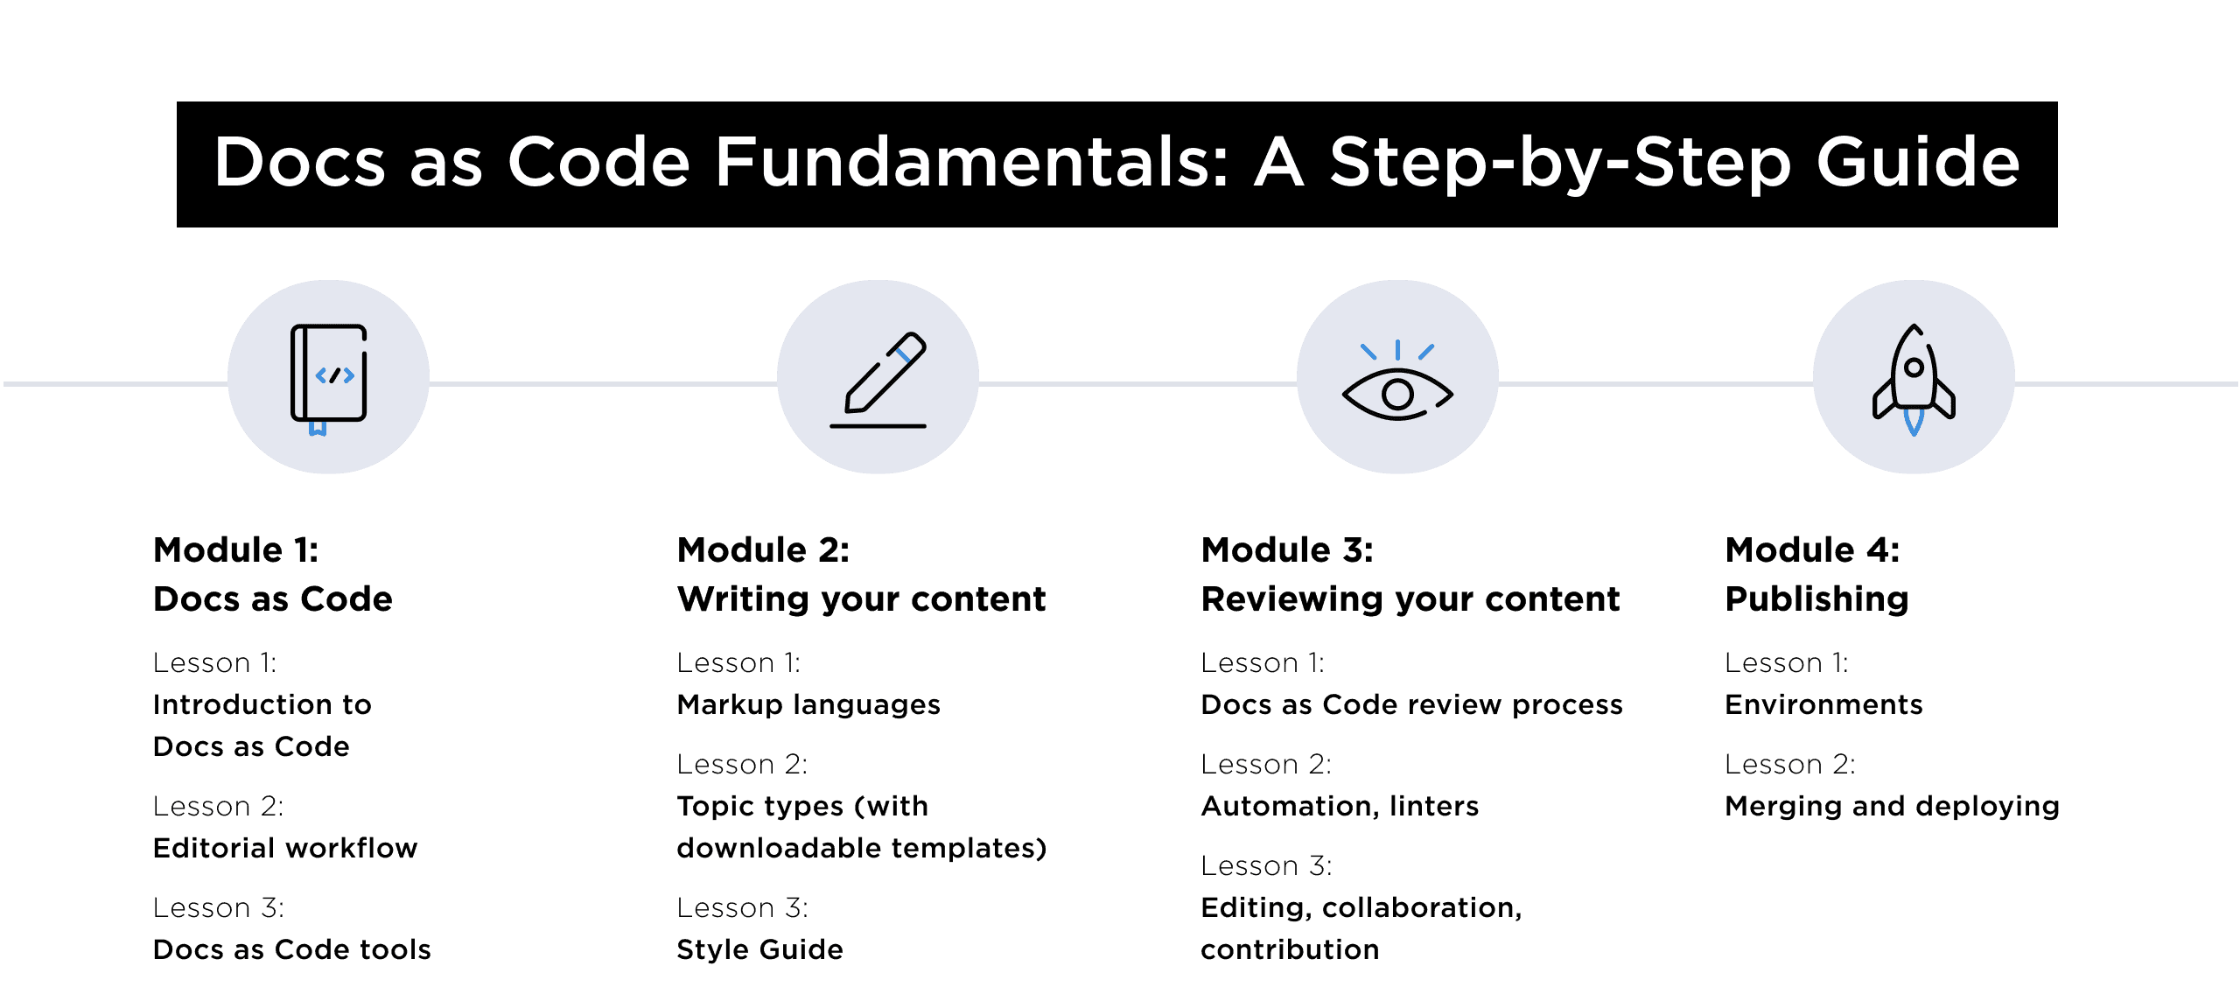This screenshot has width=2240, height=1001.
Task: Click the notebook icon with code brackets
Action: (x=328, y=376)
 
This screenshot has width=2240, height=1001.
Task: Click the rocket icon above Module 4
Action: (x=1914, y=378)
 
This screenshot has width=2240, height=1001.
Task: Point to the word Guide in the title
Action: (x=1918, y=163)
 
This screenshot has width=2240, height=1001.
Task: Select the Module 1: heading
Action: (x=235, y=550)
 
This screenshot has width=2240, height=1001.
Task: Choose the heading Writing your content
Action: (x=861, y=599)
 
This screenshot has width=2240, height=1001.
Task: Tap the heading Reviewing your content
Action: (x=1410, y=599)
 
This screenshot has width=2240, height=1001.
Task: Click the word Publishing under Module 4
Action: (x=1816, y=599)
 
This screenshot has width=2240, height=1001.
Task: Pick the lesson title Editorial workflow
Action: (x=285, y=848)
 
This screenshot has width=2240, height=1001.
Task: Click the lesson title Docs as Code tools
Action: (x=291, y=949)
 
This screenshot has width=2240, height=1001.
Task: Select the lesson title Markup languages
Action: (x=808, y=704)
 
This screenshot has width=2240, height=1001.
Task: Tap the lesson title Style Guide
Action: (x=759, y=949)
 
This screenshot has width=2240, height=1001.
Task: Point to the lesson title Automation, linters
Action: (x=1340, y=806)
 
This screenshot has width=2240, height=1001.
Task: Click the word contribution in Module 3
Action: (x=1290, y=949)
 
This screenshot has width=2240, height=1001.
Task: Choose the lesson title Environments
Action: (x=1823, y=704)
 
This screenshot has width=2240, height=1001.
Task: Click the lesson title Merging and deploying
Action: (x=1892, y=806)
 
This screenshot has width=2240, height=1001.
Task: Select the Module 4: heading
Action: (x=1812, y=550)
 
